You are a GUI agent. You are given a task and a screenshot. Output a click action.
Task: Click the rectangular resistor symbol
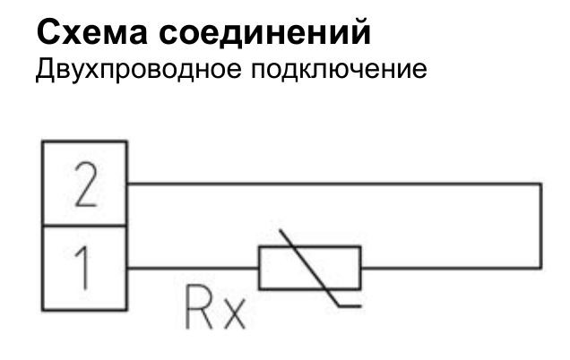[309, 267]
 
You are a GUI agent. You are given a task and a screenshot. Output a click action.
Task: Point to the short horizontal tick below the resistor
[350, 307]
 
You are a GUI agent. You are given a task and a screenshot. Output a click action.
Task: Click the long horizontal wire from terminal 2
[332, 184]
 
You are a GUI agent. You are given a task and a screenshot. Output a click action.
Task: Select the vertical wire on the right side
[541, 226]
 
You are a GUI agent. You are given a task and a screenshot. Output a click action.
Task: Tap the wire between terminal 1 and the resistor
[192, 267]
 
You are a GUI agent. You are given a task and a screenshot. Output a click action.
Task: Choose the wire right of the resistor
[448, 267]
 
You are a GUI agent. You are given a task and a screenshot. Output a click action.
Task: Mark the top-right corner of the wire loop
[541, 184]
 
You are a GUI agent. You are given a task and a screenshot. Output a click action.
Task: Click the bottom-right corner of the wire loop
[541, 267]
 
